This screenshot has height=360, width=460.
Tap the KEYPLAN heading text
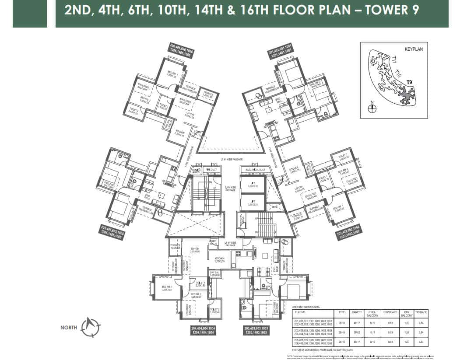click(414, 49)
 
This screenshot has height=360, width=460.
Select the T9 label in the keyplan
click(409, 82)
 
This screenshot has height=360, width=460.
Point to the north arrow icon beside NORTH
click(90, 327)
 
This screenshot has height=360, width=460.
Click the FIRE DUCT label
click(211, 169)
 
